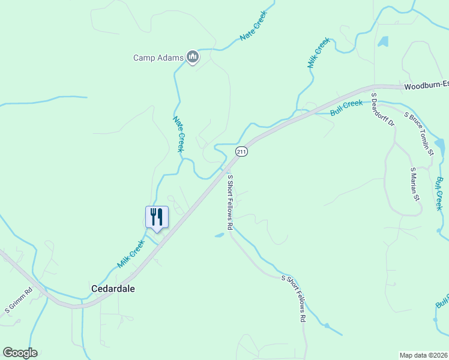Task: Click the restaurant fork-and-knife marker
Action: tap(157, 217)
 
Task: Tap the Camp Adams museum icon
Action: tap(193, 58)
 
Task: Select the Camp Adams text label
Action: tap(158, 58)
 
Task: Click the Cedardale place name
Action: tap(113, 289)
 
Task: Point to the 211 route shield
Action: tap(241, 152)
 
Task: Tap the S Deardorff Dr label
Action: tap(382, 110)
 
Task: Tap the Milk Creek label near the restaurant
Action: tap(131, 254)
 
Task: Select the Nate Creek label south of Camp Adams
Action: tap(178, 134)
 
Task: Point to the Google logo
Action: tap(20, 353)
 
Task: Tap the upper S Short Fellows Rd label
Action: tap(229, 202)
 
